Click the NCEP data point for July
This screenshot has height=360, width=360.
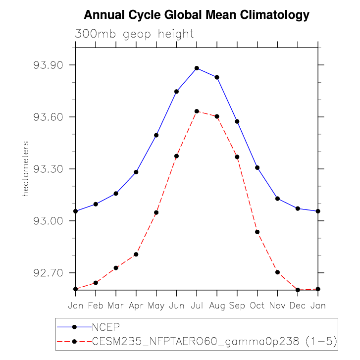pos(197,68)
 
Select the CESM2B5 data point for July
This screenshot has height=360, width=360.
pos(197,111)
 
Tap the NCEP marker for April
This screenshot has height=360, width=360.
pos(136,172)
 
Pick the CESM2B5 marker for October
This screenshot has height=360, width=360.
pos(257,232)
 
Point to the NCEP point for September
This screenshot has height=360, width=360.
pos(237,121)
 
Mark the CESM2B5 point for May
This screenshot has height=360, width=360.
pos(156,212)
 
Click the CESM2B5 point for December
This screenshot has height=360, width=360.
pos(298,290)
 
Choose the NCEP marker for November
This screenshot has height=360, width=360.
pos(278,199)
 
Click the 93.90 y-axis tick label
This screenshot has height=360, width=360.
pos(48,65)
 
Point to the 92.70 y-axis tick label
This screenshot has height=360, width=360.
pos(48,273)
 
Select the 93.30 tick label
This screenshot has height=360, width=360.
pos(48,169)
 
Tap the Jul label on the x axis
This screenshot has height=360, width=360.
pos(197,305)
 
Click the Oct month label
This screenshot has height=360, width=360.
pos(257,305)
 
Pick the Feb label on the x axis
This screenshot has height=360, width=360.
pos(96,305)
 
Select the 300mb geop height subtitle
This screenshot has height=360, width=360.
pos(134,34)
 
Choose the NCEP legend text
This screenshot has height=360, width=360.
pos(106,327)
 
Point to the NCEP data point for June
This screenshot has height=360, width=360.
pos(176,91)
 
